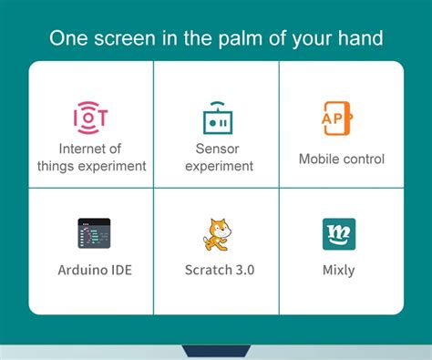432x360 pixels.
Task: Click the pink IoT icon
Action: [90, 117]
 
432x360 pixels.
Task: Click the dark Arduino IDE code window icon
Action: [93, 234]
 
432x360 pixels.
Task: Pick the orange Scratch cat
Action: [217, 234]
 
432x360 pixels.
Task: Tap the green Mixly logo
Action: [339, 234]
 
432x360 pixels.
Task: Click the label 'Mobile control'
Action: [342, 159]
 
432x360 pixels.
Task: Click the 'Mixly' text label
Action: [339, 271]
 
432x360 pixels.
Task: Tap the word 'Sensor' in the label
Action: [217, 149]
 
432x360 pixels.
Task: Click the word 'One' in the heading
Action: [69, 38]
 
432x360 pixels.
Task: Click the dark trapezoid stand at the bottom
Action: [216, 351]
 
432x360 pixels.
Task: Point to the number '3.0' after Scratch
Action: [241, 271]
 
